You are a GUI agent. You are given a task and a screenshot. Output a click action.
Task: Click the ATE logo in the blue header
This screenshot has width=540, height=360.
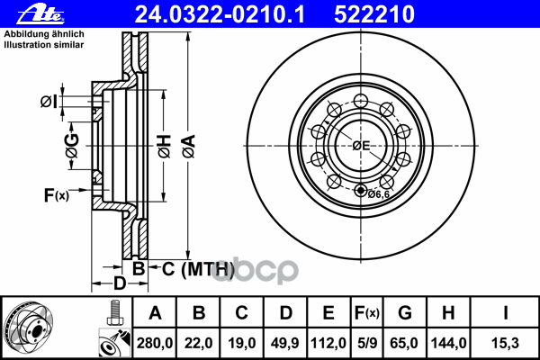pyautogui.click(x=40, y=14)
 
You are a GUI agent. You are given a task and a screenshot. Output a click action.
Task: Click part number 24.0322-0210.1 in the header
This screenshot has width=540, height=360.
pyautogui.click(x=220, y=14)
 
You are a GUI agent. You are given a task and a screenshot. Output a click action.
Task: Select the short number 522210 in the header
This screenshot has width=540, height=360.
pyautogui.click(x=374, y=14)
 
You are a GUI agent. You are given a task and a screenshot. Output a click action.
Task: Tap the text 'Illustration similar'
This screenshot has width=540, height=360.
pyautogui.click(x=44, y=45)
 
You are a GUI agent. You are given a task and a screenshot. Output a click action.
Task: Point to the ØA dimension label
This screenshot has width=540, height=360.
pyautogui.click(x=189, y=147)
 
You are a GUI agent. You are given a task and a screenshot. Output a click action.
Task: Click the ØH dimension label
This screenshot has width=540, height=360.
pyautogui.click(x=165, y=147)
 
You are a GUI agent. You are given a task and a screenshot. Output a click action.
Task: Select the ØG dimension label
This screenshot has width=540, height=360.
pyautogui.click(x=72, y=146)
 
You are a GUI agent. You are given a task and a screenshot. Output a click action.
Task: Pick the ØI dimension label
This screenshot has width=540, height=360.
pyautogui.click(x=49, y=102)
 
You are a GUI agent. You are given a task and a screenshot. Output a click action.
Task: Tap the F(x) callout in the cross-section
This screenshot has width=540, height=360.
pyautogui.click(x=57, y=195)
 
